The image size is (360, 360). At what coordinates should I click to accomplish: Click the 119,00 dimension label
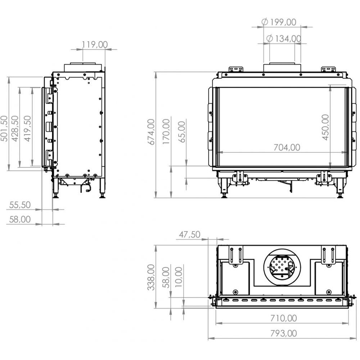click(95, 45)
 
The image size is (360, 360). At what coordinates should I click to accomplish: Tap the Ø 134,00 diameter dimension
click(284, 39)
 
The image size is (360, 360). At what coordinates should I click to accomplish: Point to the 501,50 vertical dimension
click(4, 129)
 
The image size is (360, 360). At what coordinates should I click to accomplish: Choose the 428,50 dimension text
click(15, 129)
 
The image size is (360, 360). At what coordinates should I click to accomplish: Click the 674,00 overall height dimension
click(151, 132)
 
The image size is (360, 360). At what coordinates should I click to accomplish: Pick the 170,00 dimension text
click(166, 132)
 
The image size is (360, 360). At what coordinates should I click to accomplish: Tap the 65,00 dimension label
click(182, 132)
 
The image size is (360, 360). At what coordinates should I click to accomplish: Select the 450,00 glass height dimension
click(326, 127)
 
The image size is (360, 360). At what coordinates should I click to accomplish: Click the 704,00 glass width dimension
click(287, 147)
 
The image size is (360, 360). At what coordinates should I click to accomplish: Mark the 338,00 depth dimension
click(151, 277)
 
